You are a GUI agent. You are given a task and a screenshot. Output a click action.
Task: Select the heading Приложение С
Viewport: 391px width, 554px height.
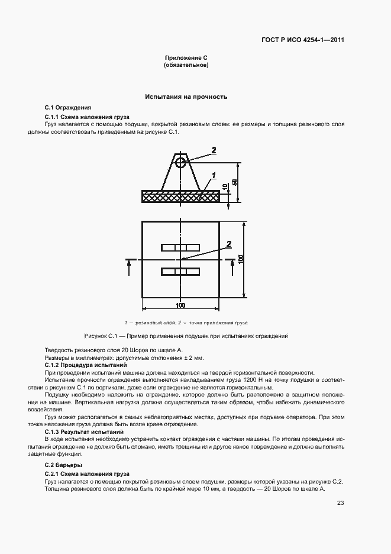point(186,57)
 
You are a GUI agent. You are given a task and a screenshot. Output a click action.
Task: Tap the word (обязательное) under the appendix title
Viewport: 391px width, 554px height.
point(186,65)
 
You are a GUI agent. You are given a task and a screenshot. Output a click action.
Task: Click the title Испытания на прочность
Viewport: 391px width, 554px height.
point(186,96)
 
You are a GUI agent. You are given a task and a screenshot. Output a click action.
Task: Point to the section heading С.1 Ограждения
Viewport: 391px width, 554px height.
point(68,108)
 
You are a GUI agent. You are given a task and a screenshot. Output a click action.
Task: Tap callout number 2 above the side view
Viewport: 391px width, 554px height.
point(214,150)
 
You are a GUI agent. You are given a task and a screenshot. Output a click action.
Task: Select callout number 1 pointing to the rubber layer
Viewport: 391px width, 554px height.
point(213,175)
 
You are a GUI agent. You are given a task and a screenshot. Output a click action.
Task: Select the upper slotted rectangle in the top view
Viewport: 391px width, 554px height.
point(180,247)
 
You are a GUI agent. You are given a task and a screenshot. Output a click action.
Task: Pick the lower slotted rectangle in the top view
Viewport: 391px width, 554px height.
point(180,272)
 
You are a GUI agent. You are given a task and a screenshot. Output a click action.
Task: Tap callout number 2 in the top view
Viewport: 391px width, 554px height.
point(228,243)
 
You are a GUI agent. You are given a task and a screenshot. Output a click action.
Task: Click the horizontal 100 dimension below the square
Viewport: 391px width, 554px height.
point(180,305)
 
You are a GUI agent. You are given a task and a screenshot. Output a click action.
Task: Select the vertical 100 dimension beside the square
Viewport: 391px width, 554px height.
point(241,259)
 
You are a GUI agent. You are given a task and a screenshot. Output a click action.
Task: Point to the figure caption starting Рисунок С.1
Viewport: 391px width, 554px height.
point(186,336)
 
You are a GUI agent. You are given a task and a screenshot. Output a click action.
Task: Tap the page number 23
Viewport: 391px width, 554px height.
point(340,503)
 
